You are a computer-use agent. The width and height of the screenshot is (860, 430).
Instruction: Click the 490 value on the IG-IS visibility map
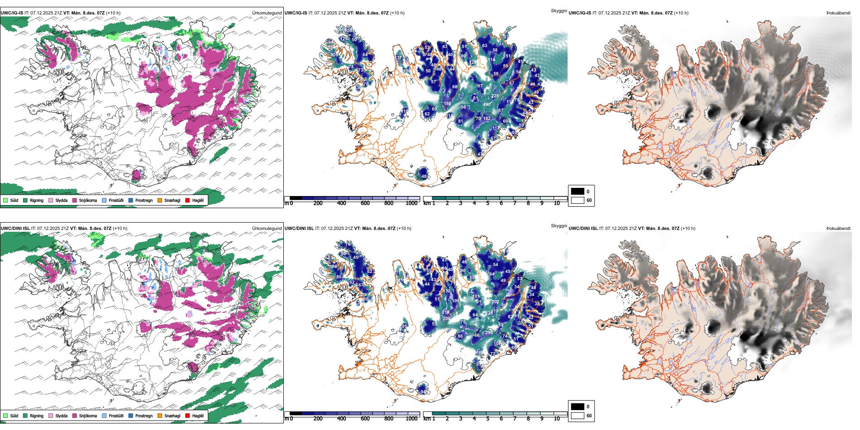coord(487,104)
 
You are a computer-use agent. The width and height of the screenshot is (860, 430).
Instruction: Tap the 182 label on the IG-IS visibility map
coord(487,119)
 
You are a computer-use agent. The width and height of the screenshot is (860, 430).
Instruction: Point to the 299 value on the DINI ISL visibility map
coord(489,333)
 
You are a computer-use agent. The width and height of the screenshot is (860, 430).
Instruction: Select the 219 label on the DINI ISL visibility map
coord(445,312)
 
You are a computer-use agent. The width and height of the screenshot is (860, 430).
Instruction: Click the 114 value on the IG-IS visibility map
coord(492,60)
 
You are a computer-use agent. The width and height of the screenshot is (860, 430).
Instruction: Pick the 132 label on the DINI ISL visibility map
coord(447,291)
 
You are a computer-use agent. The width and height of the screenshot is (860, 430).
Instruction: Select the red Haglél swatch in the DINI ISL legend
coord(187,416)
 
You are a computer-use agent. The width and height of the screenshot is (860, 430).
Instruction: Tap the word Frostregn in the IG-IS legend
coord(144,200)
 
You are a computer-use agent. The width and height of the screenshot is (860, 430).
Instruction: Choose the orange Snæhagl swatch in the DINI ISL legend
coord(160,416)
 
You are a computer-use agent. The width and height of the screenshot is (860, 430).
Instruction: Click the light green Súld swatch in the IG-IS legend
coord(5,200)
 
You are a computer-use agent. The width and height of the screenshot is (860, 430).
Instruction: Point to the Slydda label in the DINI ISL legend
coord(62,416)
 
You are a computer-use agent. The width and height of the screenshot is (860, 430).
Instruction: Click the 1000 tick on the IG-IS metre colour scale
coord(411,203)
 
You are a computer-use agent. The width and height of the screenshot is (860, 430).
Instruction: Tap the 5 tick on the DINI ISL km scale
coord(488,419)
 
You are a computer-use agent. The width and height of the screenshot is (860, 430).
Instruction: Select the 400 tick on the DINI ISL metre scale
coord(341,419)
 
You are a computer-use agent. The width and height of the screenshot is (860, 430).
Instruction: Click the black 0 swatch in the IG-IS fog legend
coord(578,191)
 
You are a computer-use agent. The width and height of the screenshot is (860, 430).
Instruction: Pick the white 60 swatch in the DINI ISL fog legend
coord(578,416)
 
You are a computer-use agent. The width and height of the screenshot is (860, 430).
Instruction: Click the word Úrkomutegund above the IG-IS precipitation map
coord(267,13)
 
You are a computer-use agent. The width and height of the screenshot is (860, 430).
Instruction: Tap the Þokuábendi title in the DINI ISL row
coord(838,228)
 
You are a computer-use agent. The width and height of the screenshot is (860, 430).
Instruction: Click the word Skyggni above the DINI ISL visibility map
coord(559,225)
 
